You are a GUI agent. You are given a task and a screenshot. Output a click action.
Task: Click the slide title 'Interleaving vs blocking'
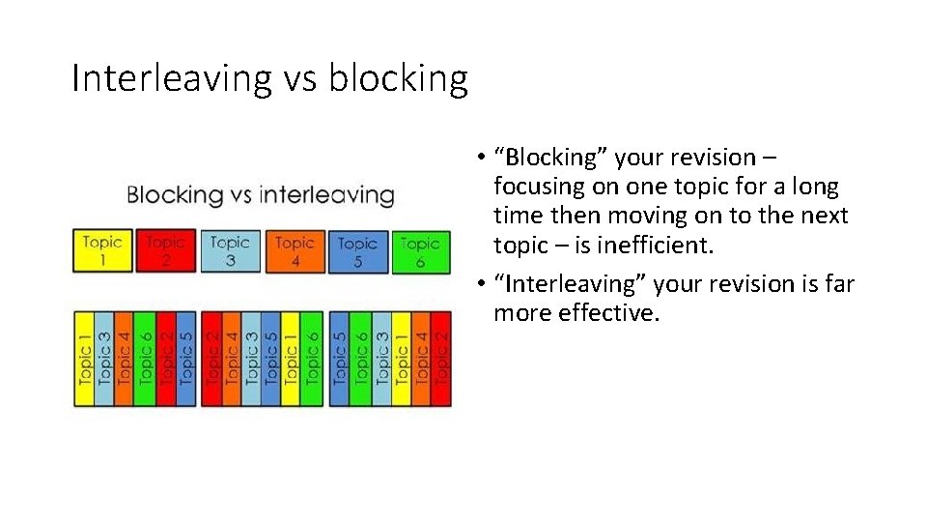[x=269, y=78]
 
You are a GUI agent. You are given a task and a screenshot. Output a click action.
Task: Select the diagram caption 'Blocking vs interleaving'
[x=260, y=194]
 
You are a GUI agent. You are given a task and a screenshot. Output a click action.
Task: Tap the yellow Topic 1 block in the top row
[x=102, y=250]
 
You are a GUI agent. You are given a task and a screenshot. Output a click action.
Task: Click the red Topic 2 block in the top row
[x=166, y=250]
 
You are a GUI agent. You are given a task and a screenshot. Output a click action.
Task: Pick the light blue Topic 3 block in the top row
[x=230, y=250]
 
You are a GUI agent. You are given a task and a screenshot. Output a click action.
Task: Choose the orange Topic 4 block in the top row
[x=295, y=250]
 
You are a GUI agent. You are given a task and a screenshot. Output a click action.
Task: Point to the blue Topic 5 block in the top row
[x=357, y=250]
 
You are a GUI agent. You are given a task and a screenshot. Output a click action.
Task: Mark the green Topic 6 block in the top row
[x=420, y=250]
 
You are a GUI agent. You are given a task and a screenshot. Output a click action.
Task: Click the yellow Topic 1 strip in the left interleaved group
[x=85, y=359]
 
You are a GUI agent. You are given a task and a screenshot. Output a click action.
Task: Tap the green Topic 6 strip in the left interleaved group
[x=145, y=359]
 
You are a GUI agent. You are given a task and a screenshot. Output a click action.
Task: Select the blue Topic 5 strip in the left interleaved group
[x=185, y=359]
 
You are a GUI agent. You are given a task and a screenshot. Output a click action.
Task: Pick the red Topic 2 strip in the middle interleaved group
[x=211, y=359]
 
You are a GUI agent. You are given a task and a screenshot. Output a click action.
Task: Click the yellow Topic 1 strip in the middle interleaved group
[x=291, y=359]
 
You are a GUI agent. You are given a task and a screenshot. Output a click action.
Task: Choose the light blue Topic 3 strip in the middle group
[x=251, y=359]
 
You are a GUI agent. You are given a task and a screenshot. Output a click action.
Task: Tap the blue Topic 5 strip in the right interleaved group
[x=339, y=359]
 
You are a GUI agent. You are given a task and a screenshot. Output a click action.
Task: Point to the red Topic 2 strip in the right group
[x=441, y=359]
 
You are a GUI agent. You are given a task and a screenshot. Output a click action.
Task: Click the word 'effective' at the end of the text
[x=605, y=313]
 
